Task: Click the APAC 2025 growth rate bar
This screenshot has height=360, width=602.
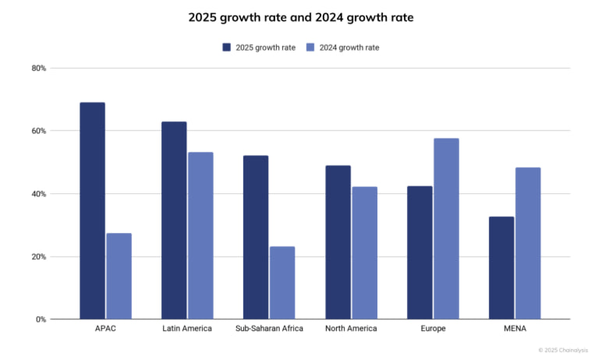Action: [92, 210]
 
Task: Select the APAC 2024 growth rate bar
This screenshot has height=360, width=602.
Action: [119, 276]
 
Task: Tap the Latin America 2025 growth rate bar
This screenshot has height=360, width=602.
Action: [174, 220]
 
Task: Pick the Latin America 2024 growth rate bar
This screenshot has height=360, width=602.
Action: [200, 235]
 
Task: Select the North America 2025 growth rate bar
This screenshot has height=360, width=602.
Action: [338, 242]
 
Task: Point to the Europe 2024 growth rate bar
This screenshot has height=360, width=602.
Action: [446, 228]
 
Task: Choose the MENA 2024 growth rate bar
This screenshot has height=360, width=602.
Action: [528, 243]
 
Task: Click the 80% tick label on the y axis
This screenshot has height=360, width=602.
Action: [39, 69]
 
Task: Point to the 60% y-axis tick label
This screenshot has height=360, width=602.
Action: [39, 131]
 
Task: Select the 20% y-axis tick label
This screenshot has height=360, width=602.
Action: [39, 256]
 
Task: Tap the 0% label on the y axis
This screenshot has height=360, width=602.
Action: [41, 319]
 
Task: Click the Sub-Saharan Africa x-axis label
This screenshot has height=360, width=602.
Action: [269, 329]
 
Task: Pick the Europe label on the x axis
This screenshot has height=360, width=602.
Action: [433, 329]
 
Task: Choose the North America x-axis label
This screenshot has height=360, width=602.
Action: [351, 329]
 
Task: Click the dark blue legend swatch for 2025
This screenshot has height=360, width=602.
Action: [227, 48]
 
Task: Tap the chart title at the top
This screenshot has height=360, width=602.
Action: [301, 17]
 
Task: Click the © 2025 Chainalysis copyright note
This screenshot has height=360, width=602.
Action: [563, 350]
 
